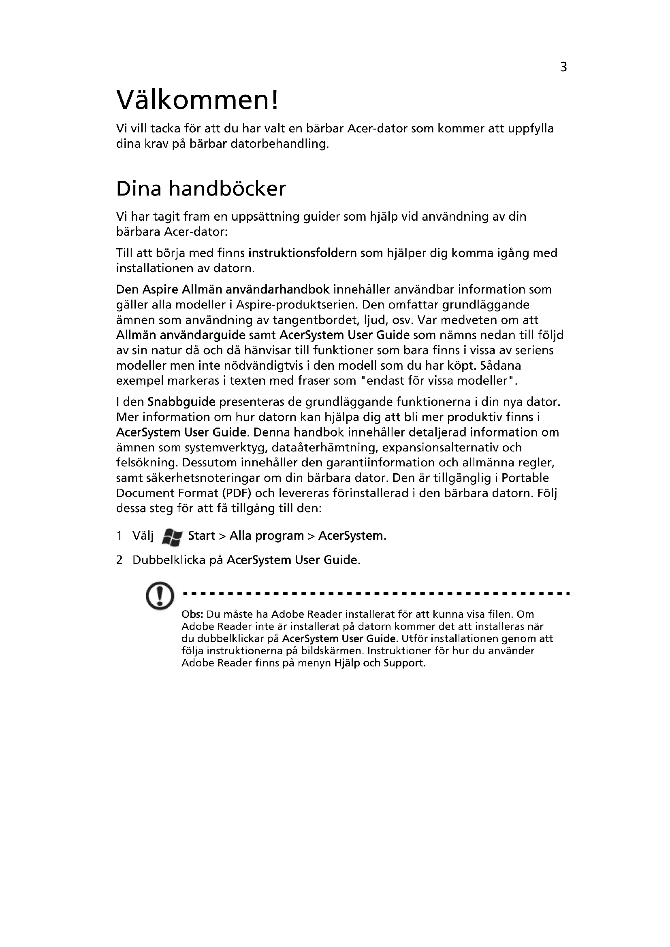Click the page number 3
[x=563, y=67]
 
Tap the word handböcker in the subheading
[x=226, y=189]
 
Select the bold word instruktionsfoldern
[x=303, y=253]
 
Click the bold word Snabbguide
[x=181, y=402]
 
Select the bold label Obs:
[x=192, y=615]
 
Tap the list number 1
[x=119, y=536]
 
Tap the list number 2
[x=119, y=560]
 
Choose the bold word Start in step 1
[x=201, y=536]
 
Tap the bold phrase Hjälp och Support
[x=379, y=663]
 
